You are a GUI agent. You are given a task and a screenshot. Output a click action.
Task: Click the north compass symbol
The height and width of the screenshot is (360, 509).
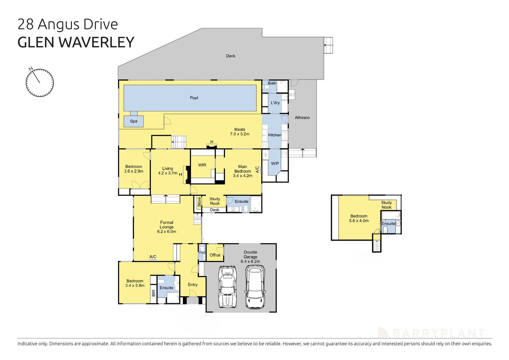[x=40, y=82]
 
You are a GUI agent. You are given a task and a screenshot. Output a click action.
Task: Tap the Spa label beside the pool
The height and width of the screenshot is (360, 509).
[x=134, y=121]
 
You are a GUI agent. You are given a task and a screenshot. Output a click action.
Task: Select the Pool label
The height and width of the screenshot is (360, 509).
[x=194, y=98]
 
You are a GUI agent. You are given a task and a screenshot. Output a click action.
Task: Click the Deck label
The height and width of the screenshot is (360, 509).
[x=231, y=56]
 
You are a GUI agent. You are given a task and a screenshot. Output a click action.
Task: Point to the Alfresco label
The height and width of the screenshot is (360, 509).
[x=302, y=117]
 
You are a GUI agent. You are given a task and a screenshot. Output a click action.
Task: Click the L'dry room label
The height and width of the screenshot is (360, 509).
[x=275, y=103]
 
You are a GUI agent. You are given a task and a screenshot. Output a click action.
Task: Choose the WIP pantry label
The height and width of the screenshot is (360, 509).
[x=275, y=163]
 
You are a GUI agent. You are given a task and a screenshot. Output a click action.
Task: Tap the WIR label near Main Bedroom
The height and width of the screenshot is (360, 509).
[x=202, y=165]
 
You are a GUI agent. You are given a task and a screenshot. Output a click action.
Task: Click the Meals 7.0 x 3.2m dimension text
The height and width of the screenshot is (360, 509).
[x=240, y=134]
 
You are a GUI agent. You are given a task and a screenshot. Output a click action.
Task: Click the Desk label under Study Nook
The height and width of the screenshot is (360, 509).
[x=215, y=210]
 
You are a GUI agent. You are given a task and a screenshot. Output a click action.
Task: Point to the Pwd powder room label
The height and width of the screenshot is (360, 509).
[x=202, y=253]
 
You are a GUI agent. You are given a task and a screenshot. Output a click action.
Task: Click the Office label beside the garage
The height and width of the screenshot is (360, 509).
[x=215, y=255]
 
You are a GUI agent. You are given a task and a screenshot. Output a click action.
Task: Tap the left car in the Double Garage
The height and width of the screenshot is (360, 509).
[x=227, y=287]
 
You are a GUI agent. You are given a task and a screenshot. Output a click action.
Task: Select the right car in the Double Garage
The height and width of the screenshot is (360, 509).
[x=255, y=287]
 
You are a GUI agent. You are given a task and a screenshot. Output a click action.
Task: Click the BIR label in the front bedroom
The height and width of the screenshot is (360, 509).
[x=154, y=293]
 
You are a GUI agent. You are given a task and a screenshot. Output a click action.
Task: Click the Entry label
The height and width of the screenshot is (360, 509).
[x=193, y=285]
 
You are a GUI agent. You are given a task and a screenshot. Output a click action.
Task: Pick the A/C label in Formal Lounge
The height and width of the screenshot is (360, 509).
[x=153, y=257]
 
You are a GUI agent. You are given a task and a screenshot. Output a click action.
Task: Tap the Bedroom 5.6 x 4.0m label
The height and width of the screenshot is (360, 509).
[x=359, y=218]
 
